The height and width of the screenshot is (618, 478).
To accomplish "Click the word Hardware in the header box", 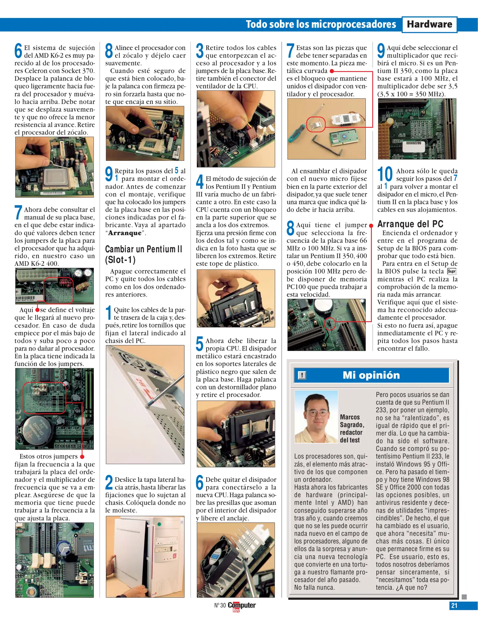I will [x=429, y=24].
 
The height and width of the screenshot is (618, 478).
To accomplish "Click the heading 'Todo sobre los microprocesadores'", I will [x=321, y=25].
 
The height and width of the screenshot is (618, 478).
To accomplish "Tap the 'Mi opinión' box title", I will [x=371, y=375].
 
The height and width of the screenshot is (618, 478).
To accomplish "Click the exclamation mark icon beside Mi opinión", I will [x=302, y=375].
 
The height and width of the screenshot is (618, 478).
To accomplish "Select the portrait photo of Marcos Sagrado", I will [x=316, y=417].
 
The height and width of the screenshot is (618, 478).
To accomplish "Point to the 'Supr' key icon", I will [x=452, y=271].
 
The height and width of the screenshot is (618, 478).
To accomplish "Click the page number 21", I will [x=454, y=605].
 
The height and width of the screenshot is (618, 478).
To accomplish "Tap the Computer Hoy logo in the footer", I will [x=241, y=606].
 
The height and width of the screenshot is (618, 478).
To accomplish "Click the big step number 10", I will [x=385, y=174].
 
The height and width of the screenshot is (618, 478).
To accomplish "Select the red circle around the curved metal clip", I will [x=316, y=124].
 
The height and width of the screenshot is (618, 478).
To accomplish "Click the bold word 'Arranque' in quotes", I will [x=125, y=233].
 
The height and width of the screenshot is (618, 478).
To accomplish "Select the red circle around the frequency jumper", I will [x=330, y=324].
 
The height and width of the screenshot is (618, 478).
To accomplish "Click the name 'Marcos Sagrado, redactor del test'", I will [x=352, y=429].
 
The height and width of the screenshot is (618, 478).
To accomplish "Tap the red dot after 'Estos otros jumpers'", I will [x=82, y=457].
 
